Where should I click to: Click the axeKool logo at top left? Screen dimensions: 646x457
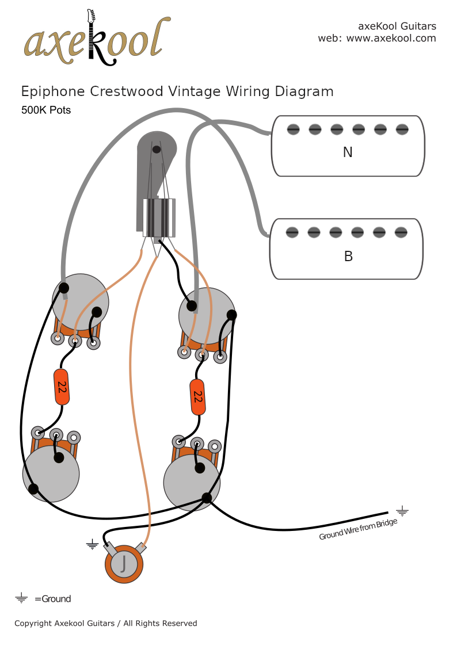[x=97, y=39]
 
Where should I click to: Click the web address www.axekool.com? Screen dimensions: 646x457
[x=391, y=39]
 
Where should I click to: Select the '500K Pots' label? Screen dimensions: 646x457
[x=46, y=110]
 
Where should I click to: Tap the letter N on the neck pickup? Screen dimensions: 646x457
[x=348, y=152]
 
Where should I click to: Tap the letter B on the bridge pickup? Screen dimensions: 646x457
[x=348, y=257]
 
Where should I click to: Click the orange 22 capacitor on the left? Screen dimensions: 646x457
[x=62, y=387]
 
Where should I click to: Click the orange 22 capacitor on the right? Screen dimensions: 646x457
[x=197, y=397]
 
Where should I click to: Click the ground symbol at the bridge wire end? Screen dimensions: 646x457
[x=402, y=510]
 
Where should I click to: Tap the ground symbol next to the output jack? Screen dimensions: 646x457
[x=92, y=544]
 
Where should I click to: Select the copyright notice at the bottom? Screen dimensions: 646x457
[x=105, y=623]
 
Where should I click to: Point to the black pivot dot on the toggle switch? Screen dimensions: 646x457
[x=156, y=150]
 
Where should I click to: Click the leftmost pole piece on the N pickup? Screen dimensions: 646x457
[x=293, y=129]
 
